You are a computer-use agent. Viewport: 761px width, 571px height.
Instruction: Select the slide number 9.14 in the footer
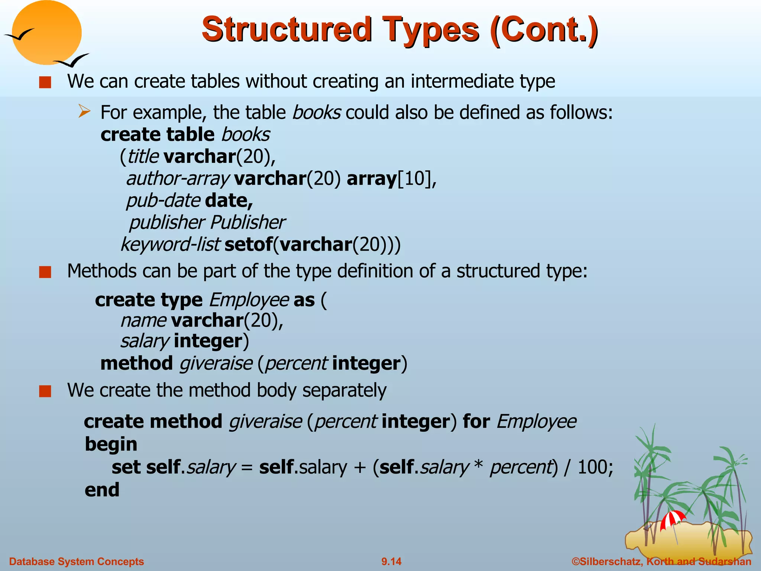pos(391,561)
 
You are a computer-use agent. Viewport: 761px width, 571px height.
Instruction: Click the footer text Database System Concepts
pos(77,561)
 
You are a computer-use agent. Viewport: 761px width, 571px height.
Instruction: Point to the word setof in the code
pos(248,245)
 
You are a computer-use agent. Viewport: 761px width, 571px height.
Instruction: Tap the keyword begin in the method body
pos(111,444)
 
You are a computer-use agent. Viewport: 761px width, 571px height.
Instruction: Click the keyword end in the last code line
pos(102,490)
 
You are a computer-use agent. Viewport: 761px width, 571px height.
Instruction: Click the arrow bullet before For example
pos(84,112)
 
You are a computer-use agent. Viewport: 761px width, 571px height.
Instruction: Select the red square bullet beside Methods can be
pos(45,272)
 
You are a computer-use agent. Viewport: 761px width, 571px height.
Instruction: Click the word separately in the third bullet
pos(344,390)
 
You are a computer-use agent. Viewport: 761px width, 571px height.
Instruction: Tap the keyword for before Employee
pos(476,422)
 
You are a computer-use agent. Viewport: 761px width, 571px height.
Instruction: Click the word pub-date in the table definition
pos(163,201)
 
